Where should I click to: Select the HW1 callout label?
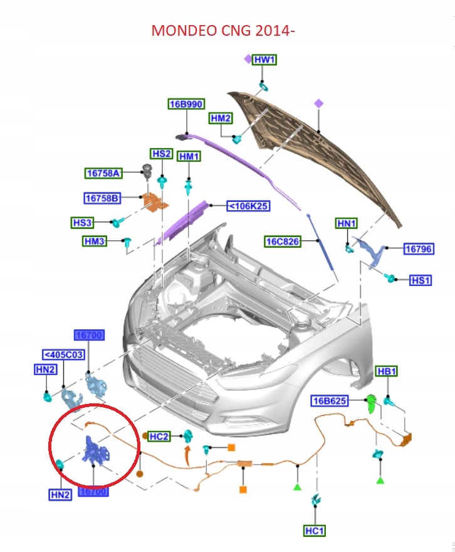click(x=264, y=60)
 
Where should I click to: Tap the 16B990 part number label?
click(x=186, y=104)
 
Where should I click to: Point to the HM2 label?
click(x=221, y=118)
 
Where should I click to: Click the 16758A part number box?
click(x=103, y=173)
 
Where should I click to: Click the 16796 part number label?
click(x=418, y=249)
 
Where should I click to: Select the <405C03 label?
click(x=63, y=354)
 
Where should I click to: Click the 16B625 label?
click(x=330, y=401)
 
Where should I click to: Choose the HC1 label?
click(x=315, y=531)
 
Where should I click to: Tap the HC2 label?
click(x=159, y=436)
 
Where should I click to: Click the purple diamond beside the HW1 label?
click(x=248, y=59)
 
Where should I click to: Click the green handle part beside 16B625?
click(x=370, y=403)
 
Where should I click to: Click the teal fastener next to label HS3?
click(x=117, y=221)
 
